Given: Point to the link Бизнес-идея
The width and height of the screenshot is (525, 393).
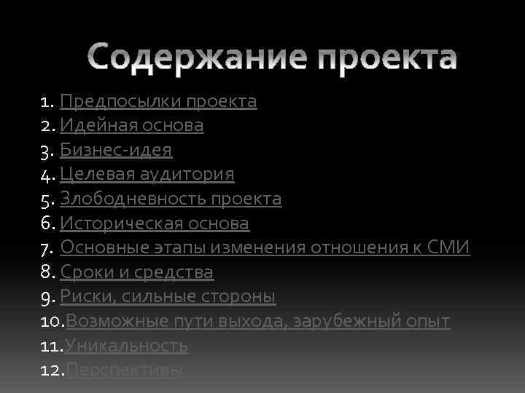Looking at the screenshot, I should [x=116, y=150].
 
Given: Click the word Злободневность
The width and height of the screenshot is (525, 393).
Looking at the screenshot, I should [x=133, y=199].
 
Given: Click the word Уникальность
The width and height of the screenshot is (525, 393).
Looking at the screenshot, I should [x=127, y=346].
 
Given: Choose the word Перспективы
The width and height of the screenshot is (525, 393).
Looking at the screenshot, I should [x=124, y=370].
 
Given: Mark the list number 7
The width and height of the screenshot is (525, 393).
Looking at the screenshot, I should [x=46, y=248].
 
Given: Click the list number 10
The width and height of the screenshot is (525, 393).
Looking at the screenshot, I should [x=52, y=321].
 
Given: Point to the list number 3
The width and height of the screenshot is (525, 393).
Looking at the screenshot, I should [x=46, y=151].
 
